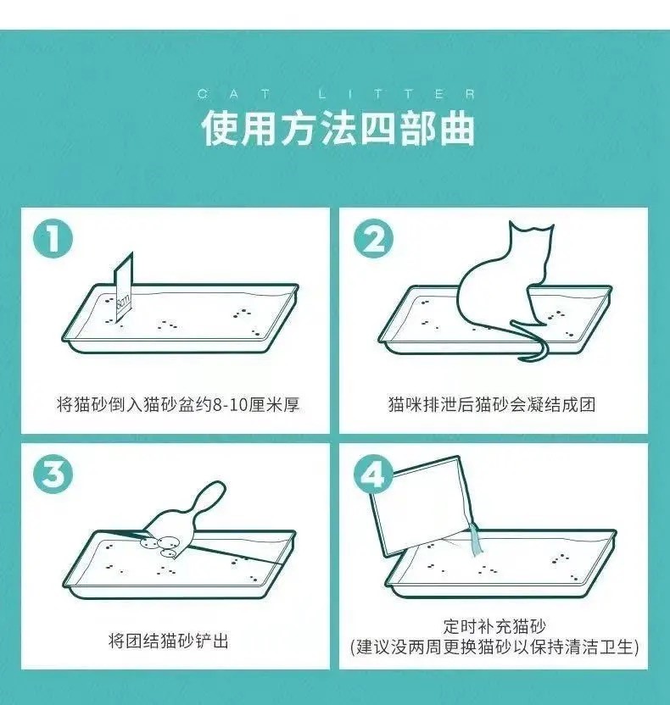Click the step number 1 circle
53,239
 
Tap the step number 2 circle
373,239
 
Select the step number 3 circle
53,475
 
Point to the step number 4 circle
373,475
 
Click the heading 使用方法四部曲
338,129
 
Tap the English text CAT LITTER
337,94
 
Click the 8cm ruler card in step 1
123,289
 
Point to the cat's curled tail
531,342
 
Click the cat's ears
531,227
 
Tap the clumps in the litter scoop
161,546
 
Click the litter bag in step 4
423,506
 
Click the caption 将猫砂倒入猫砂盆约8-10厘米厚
178,405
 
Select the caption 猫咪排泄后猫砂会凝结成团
492,405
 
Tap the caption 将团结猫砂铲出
169,641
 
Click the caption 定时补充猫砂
494,626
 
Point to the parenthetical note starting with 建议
494,647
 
